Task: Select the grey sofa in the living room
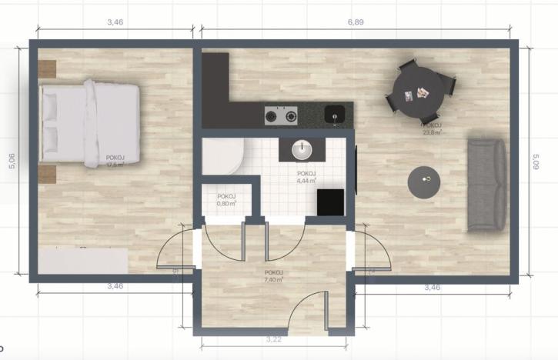487,184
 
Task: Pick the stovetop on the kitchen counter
281,117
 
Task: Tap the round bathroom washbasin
301,148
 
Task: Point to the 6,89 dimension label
356,22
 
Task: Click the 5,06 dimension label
9,168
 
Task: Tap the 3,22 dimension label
272,338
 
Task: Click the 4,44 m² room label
306,178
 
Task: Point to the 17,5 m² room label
115,161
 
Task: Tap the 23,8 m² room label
431,128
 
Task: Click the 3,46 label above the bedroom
115,22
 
